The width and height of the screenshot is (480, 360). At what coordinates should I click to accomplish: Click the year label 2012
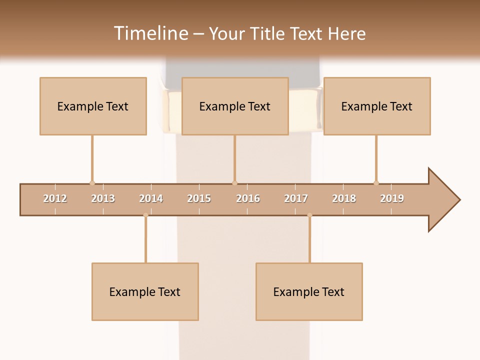coord(55,198)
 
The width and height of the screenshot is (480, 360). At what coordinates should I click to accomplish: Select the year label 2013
coord(103,198)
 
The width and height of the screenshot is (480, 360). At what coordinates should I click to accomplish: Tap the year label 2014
coord(151,198)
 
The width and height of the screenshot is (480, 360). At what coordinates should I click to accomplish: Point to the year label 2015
coord(199,198)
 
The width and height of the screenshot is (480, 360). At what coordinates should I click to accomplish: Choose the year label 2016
coord(248,198)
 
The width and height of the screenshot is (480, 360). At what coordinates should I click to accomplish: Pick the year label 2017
coord(296,198)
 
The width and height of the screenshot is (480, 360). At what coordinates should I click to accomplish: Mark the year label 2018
coord(344,198)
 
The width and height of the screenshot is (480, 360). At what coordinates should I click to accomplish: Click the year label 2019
coord(392,198)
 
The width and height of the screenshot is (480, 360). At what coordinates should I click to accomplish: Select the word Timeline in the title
coord(150,33)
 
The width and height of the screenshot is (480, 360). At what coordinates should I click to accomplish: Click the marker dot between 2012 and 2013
coord(92,183)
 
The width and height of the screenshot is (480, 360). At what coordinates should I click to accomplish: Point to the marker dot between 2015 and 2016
coord(234,183)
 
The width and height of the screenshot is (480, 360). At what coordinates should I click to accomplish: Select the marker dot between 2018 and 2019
coord(376,183)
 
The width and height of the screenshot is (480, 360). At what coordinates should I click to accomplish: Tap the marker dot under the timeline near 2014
coord(145,215)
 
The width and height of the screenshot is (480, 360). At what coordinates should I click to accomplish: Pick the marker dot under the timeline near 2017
coord(309,215)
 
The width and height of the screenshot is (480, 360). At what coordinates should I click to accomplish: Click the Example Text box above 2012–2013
coord(93,106)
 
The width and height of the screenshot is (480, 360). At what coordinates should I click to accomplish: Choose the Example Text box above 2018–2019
coord(377,106)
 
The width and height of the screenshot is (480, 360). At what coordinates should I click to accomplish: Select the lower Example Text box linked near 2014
coord(145,291)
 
